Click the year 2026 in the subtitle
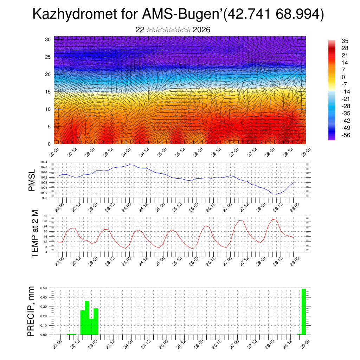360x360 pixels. [201, 30]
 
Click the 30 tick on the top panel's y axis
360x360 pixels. [48, 39]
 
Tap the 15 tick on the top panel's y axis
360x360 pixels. [48, 92]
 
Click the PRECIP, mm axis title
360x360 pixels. [32, 311]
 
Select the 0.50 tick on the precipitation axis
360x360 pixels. [43, 288]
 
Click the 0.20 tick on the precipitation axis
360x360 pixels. [43, 316]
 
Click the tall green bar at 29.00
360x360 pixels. [304, 311]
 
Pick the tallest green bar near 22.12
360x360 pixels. [87, 318]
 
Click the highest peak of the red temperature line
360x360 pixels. [273, 219]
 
